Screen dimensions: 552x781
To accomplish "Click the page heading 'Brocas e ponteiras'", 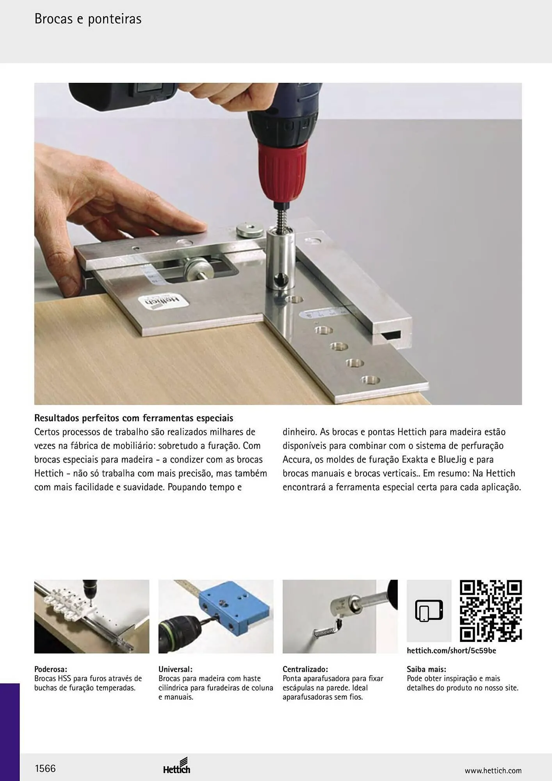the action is pyautogui.click(x=88, y=19).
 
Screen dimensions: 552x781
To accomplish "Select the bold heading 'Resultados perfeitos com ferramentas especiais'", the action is pyautogui.click(x=134, y=418).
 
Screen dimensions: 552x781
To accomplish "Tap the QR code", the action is pyautogui.click(x=491, y=611).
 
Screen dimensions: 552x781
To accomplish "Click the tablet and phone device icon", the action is pyautogui.click(x=429, y=611).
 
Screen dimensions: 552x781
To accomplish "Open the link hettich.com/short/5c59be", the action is pyautogui.click(x=451, y=651).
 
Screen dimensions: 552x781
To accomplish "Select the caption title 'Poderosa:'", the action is pyautogui.click(x=51, y=669).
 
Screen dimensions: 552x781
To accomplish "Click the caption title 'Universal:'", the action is pyautogui.click(x=175, y=669).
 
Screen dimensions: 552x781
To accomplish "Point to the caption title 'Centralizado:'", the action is pyautogui.click(x=305, y=669).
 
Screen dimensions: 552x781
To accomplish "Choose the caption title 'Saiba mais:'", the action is pyautogui.click(x=426, y=669).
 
